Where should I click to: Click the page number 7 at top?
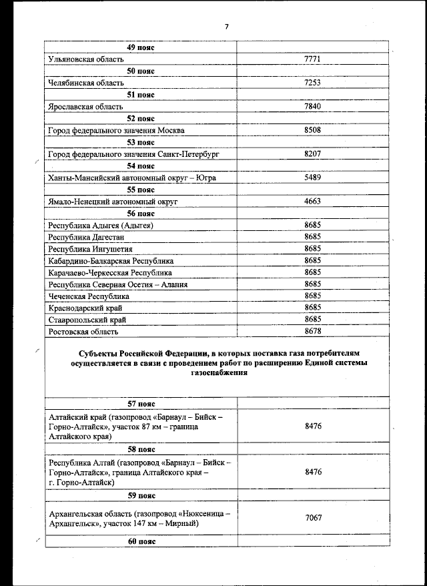coord(226,27)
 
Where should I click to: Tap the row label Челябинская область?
coord(83,83)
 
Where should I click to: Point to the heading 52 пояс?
coord(141,119)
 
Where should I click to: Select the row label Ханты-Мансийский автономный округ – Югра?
coord(132,178)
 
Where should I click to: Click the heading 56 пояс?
coord(141,214)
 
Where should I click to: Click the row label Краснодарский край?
coord(85,308)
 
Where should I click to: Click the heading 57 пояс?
coord(141,403)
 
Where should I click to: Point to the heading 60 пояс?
coord(141,541)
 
